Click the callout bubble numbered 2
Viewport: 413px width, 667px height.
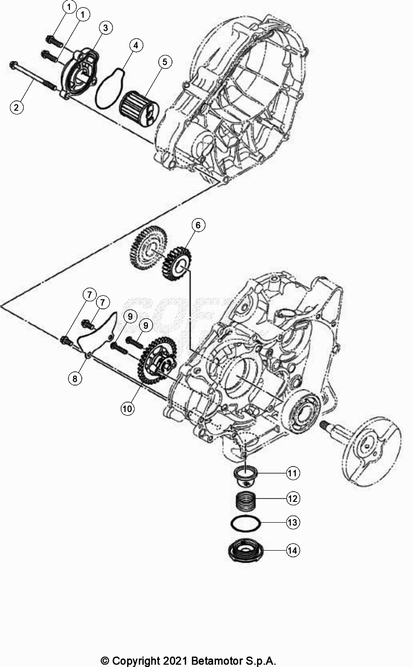point(17,107)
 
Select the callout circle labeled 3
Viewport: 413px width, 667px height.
point(105,28)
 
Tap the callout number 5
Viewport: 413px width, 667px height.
point(165,61)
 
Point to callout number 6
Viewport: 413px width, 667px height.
point(198,225)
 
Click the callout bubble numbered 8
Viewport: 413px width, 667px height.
point(74,378)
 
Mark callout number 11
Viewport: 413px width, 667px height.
point(293,473)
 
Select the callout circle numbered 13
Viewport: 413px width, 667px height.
point(293,522)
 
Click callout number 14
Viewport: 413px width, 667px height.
point(293,550)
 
